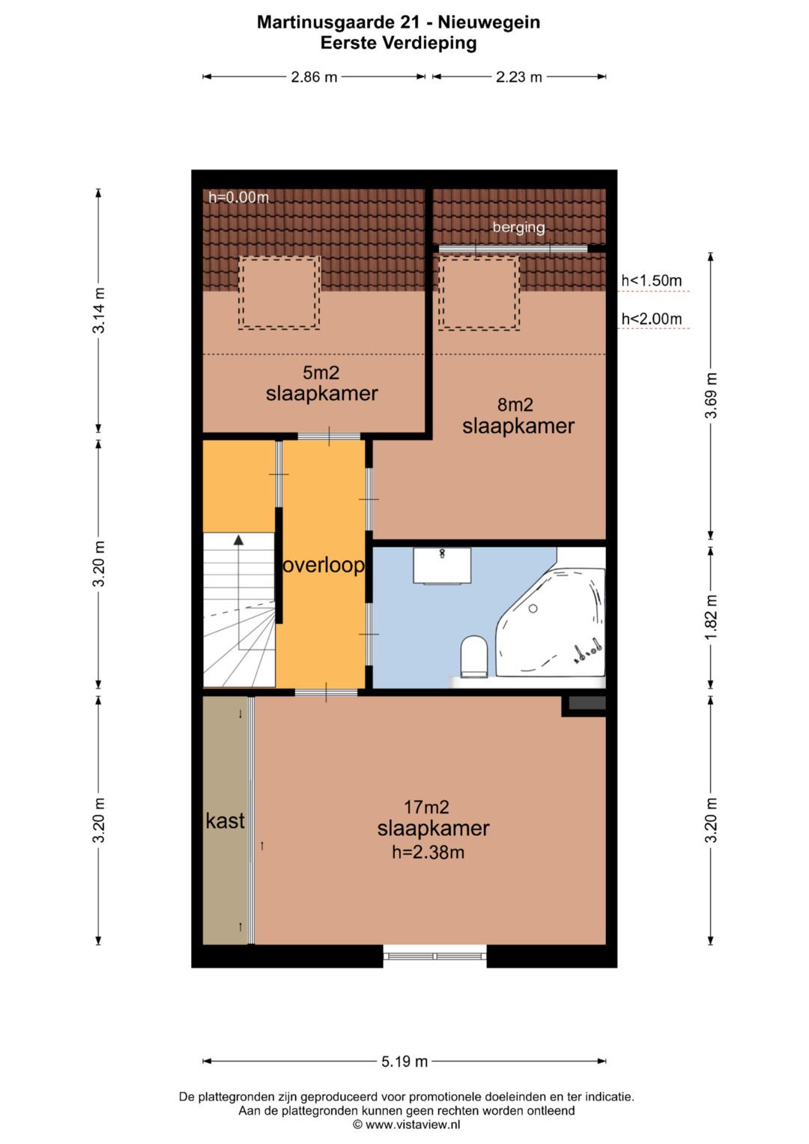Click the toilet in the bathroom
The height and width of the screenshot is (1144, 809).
[x=473, y=656]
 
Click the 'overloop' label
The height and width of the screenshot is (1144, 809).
[x=324, y=565]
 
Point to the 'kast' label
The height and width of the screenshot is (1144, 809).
[x=225, y=820]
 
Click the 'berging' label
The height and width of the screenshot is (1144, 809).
[x=518, y=227]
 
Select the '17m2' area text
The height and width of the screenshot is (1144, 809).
[x=426, y=807]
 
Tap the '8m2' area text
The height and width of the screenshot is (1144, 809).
[x=515, y=405]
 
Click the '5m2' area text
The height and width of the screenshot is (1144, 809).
[x=321, y=372]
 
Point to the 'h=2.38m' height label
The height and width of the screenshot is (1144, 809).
[x=428, y=852]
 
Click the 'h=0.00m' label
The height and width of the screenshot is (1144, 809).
[x=238, y=197]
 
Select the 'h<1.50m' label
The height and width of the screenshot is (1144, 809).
[x=652, y=280]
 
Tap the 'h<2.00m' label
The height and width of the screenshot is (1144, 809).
[x=652, y=318]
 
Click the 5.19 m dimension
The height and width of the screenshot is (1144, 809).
[x=404, y=1062]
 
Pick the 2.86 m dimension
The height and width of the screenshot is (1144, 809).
[x=314, y=76]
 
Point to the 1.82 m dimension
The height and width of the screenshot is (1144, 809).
[x=710, y=617]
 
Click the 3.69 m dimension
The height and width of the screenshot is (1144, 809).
[x=710, y=396]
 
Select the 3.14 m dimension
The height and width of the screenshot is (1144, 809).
[x=99, y=310]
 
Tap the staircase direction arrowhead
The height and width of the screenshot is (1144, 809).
[x=238, y=539]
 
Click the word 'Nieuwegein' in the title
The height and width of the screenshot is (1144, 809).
[x=488, y=22]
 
